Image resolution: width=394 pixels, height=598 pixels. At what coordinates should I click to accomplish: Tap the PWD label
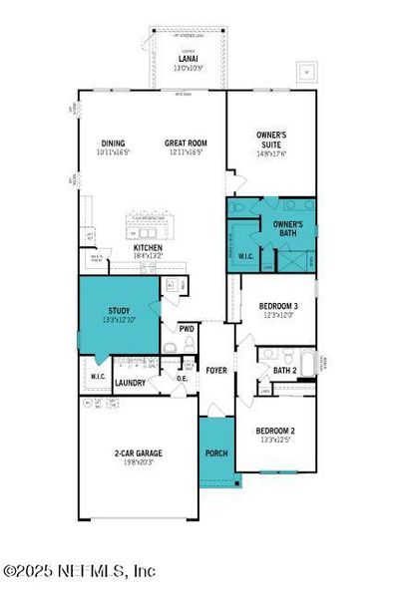click(186, 328)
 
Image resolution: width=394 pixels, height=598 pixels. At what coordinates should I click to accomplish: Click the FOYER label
click(216, 371)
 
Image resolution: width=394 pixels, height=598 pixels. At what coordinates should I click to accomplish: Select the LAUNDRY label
click(131, 382)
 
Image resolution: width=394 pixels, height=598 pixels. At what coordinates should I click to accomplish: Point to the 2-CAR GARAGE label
click(138, 452)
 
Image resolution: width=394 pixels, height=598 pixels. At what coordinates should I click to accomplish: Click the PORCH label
click(216, 453)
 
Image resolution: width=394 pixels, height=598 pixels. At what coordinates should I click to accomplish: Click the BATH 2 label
click(284, 371)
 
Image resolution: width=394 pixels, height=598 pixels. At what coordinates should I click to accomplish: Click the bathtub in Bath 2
click(308, 362)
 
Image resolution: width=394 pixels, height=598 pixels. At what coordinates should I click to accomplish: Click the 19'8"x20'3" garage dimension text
click(138, 462)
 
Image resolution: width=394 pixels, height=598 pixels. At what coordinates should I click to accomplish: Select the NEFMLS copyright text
click(79, 571)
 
